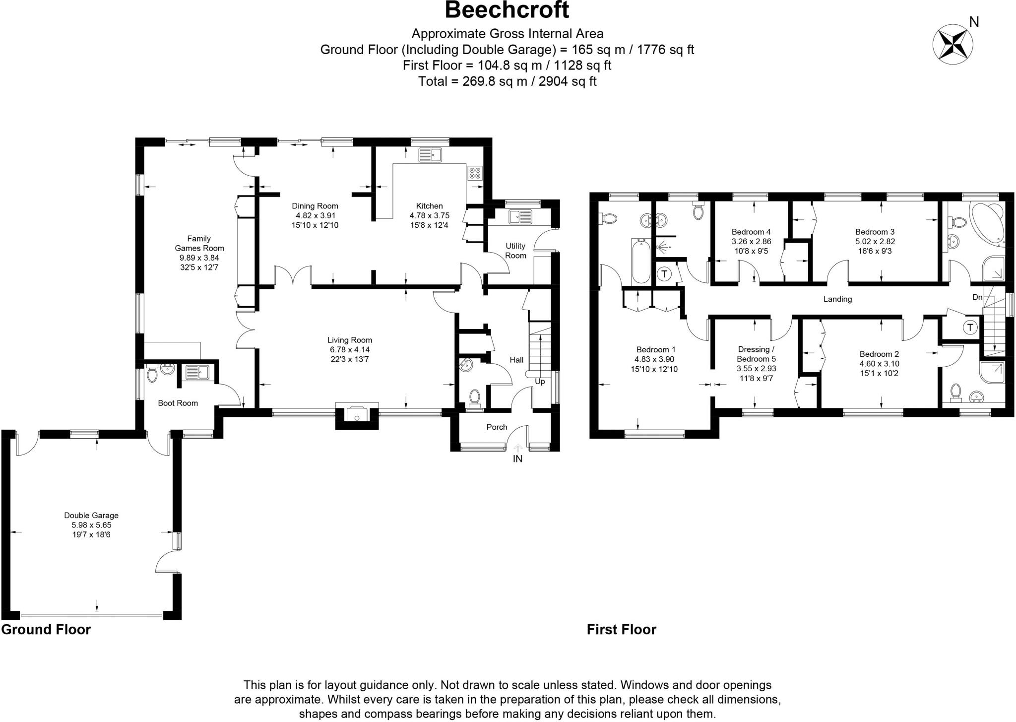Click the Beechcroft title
click(507, 10)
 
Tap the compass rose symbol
click(952, 44)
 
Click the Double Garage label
click(91, 525)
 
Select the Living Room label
click(349, 349)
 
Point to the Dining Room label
click(315, 215)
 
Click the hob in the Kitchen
click(474, 172)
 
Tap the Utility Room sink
click(520, 217)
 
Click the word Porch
click(497, 427)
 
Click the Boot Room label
click(178, 403)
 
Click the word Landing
click(837, 299)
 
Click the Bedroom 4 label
click(751, 241)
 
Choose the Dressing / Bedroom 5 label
click(756, 364)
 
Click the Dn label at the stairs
click(977, 297)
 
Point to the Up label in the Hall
click(540, 382)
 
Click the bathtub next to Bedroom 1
click(640, 261)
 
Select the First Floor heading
click(621, 630)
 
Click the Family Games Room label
click(199, 253)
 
